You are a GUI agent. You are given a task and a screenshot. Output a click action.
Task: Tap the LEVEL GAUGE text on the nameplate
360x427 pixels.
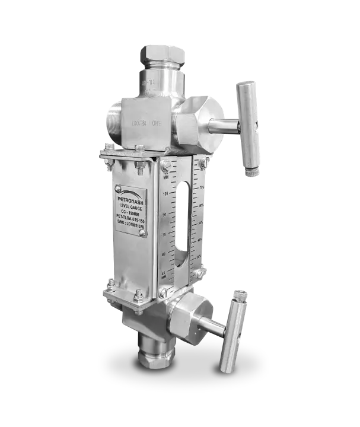tap(130, 206)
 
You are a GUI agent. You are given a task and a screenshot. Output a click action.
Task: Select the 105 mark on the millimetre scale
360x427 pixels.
tap(165, 193)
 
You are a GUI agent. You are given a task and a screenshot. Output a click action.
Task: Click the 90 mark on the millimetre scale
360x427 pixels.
tap(165, 214)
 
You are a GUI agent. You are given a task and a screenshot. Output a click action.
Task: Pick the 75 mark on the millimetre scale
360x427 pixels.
tap(165, 234)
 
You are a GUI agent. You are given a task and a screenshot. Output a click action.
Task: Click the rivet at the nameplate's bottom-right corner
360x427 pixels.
tap(142, 232)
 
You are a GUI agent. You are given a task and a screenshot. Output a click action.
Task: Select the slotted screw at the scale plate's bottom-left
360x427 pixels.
tap(163, 293)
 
